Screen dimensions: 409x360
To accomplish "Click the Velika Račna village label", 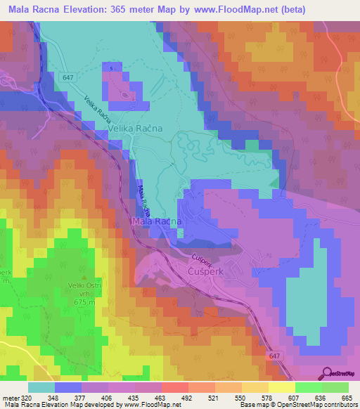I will click(135, 129).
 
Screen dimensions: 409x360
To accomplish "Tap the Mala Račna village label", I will click(157, 221).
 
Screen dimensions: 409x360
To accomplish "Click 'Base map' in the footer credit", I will click(226, 405).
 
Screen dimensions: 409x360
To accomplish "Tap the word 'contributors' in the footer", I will click(337, 405).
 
